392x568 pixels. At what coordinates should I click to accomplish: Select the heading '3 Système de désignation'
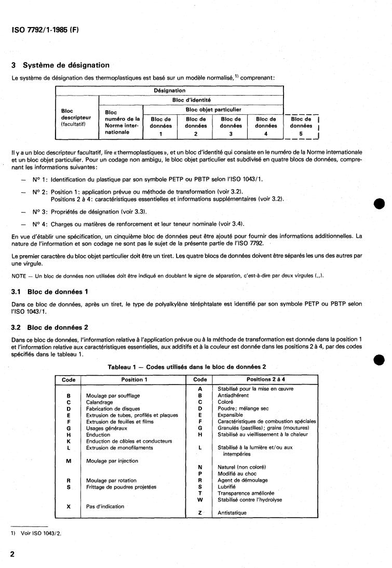pyautogui.click(x=60, y=65)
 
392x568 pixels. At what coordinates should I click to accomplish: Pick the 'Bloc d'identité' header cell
pyautogui.click(x=191, y=100)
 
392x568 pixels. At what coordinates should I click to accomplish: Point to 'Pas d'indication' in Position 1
pyautogui.click(x=105, y=506)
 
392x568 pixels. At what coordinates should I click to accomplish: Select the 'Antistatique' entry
pyautogui.click(x=232, y=512)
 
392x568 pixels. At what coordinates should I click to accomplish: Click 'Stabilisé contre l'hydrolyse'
pyautogui.click(x=250, y=499)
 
